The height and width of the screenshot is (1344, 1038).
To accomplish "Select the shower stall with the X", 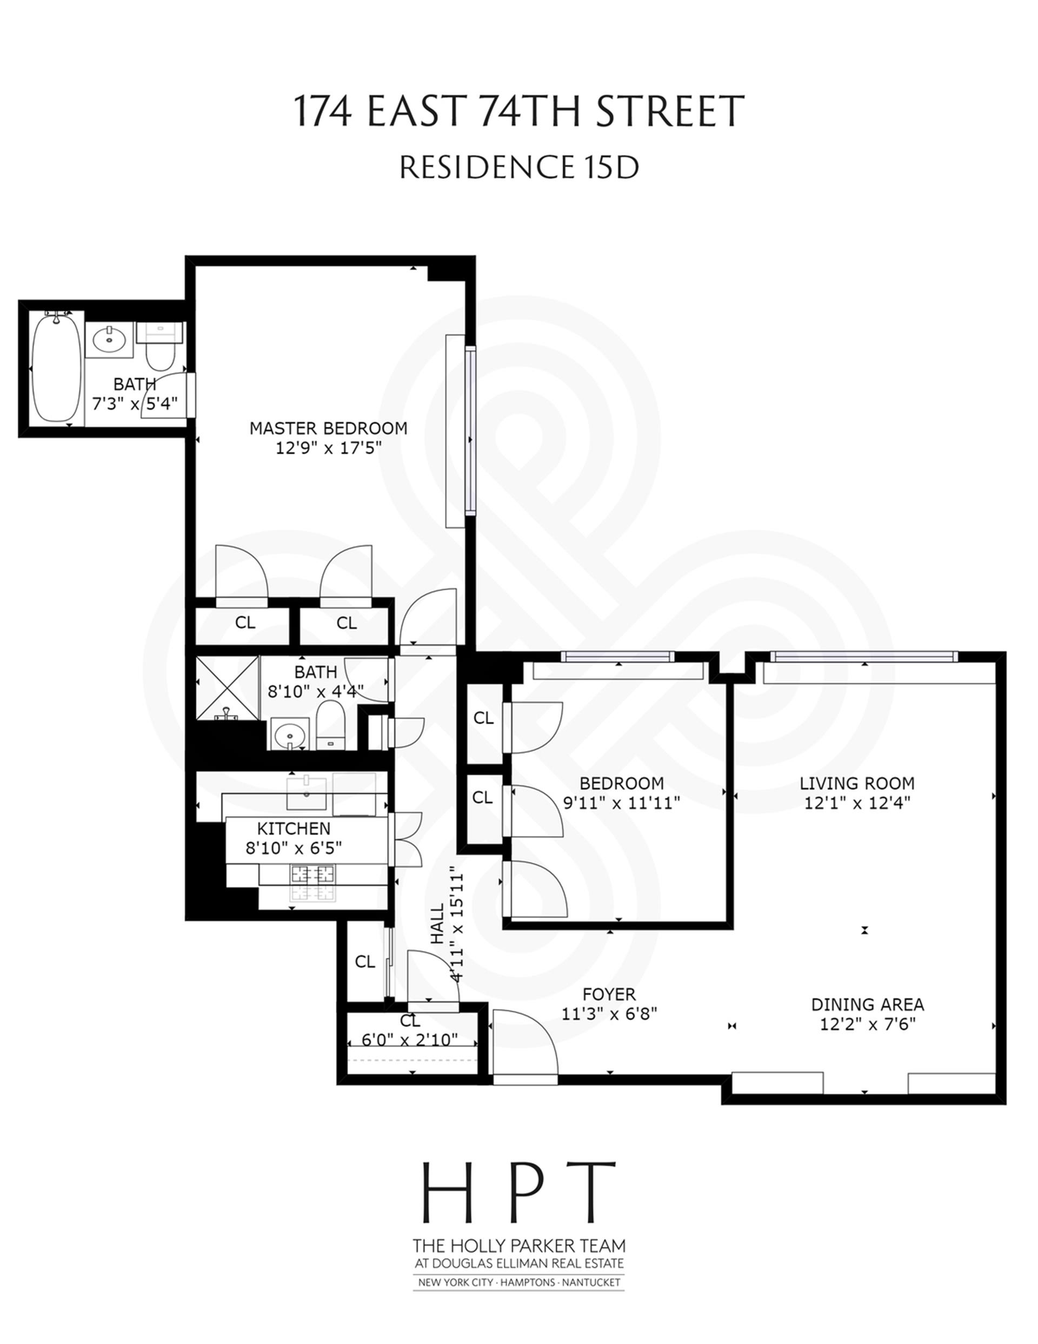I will coord(227,687).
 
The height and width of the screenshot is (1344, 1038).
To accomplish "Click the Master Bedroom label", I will coord(328,428).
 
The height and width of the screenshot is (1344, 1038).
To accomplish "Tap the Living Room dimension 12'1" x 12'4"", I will coord(857,803).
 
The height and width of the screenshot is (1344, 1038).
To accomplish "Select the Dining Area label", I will coord(868,1004).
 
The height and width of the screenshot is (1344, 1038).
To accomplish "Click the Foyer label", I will coord(609,994).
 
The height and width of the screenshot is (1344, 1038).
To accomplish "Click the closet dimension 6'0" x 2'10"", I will coord(410,1040).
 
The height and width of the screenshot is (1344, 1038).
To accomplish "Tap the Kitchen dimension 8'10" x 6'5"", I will coord(294,848).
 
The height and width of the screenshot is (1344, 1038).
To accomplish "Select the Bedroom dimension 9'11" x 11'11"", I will coord(621,803).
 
